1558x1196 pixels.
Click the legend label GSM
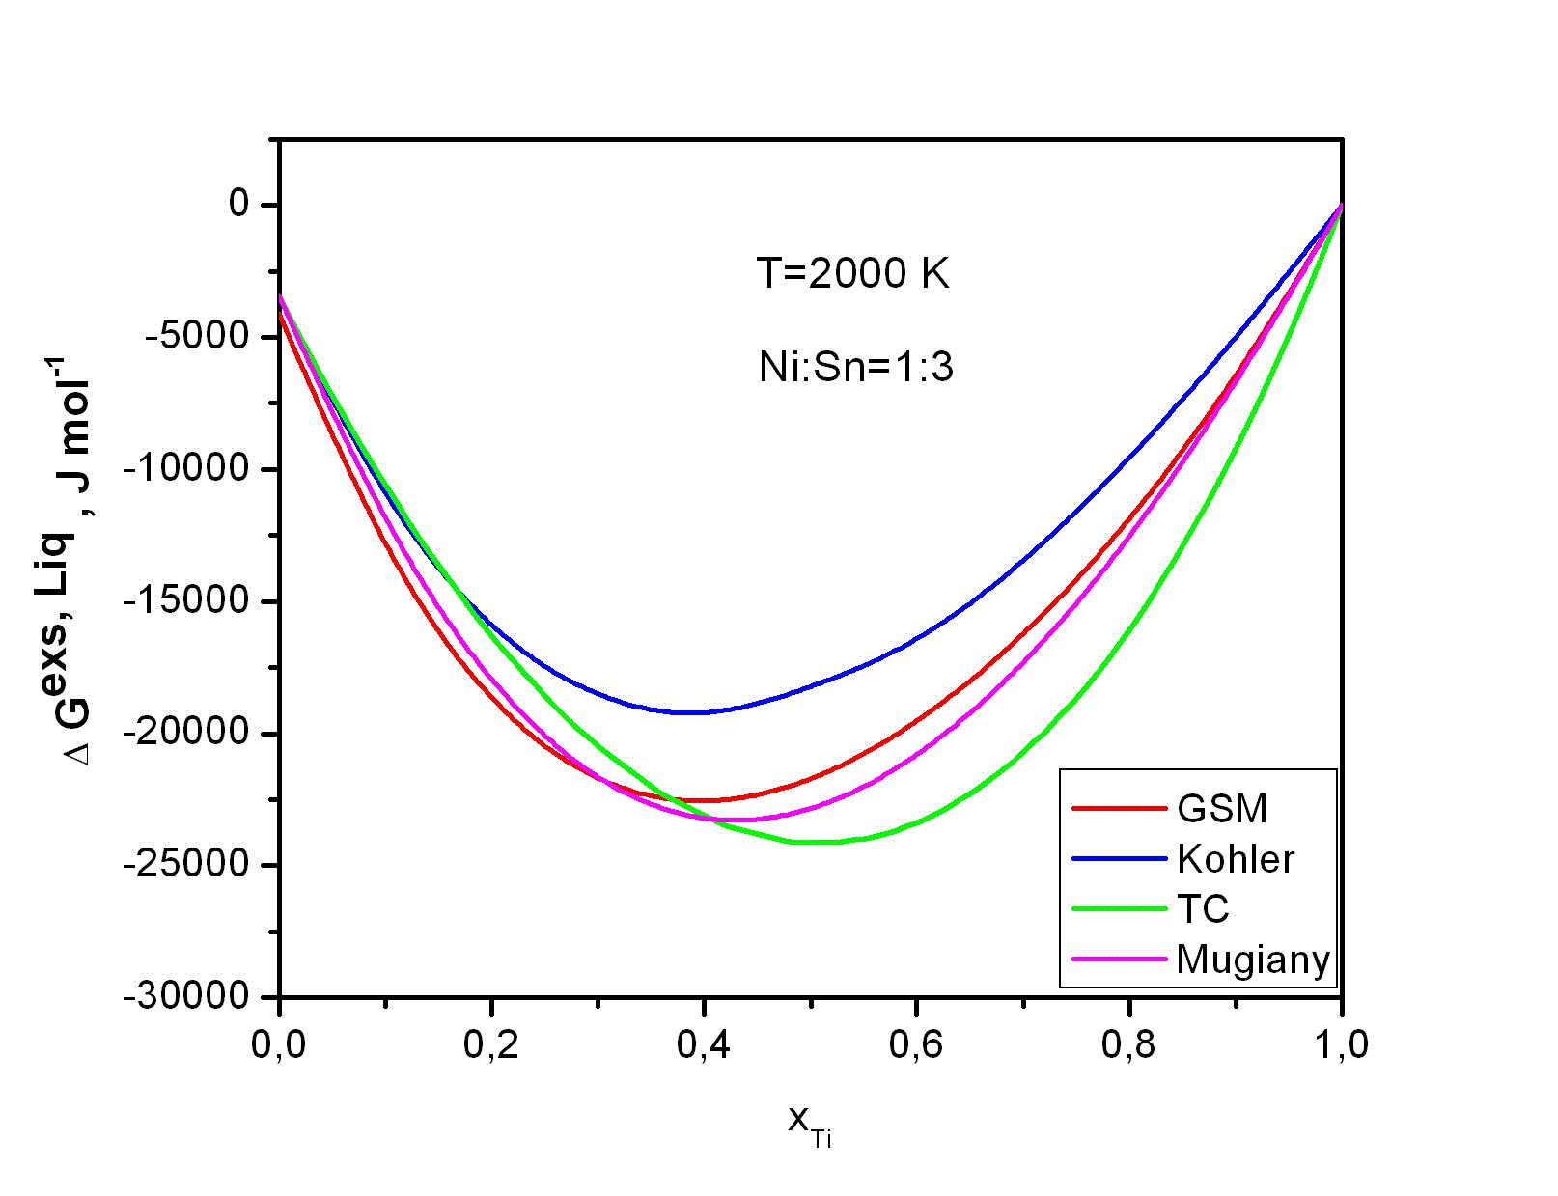coord(1222,809)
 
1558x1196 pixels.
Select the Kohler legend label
coord(1236,859)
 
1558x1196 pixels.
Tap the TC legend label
coord(1203,909)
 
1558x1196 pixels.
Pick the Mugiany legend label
coord(1253,960)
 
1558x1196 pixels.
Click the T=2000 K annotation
coord(853,275)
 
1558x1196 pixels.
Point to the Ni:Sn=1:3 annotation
coord(856,368)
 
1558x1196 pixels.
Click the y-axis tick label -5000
coord(197,337)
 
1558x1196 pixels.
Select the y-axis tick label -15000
coord(187,601)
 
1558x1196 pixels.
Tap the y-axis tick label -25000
coord(187,865)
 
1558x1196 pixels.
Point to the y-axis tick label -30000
coord(187,996)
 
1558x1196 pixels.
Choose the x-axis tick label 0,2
coord(491,1045)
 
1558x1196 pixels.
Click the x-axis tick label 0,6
coord(916,1045)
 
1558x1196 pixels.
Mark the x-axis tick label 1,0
coord(1341,1045)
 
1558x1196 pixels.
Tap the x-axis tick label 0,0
coord(279,1045)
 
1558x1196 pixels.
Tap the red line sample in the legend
coord(1119,809)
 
